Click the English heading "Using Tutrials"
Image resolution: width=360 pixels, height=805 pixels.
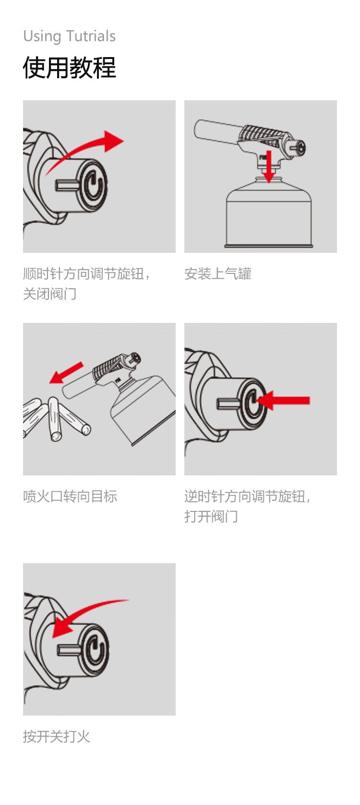tap(70, 36)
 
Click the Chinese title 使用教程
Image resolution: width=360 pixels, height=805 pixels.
tap(70, 68)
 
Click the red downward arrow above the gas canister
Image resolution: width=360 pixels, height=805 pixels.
tap(268, 166)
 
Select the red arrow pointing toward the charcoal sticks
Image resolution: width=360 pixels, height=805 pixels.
tap(66, 373)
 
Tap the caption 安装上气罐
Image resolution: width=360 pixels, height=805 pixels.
tap(218, 274)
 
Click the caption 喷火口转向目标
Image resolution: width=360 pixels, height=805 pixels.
tap(70, 497)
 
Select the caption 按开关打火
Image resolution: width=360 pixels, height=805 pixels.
tap(57, 736)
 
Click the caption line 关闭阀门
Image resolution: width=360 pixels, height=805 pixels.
tap(49, 294)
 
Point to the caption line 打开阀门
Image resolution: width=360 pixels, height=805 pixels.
tap(211, 516)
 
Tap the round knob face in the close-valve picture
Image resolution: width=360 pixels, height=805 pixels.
tap(94, 186)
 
